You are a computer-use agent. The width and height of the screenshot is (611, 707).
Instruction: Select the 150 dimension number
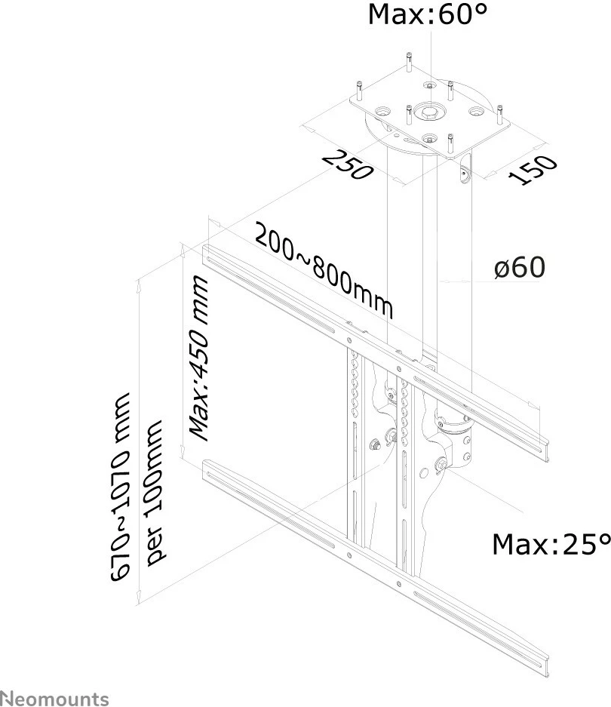pyautogui.click(x=533, y=169)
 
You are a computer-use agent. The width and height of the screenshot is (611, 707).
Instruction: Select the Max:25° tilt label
pyautogui.click(x=550, y=543)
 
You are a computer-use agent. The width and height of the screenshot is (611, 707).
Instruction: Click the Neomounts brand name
pyautogui.click(x=54, y=698)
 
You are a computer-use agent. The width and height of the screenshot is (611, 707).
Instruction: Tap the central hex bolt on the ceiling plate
pyautogui.click(x=428, y=112)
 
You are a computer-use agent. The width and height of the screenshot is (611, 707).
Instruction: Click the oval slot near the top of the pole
pyautogui.click(x=462, y=173)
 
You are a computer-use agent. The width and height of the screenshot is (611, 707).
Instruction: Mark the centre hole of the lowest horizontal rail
pyautogui.click(x=349, y=558)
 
